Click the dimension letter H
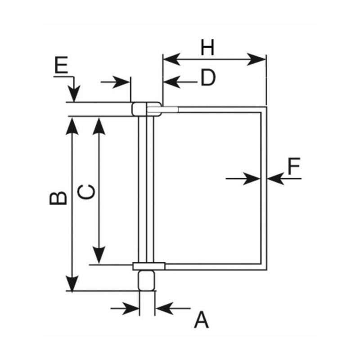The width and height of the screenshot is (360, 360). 207,47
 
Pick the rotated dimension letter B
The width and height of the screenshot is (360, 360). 58,198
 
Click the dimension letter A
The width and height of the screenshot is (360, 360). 202,320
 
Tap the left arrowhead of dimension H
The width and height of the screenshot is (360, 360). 169,59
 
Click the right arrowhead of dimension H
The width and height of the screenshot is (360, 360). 259,59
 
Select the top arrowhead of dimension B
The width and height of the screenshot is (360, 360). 72,126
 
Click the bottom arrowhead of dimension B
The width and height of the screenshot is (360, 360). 72,283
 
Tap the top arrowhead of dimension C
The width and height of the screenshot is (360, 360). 99,126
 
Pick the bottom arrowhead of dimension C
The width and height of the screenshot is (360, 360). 99,256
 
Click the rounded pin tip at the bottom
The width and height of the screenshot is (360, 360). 146,280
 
